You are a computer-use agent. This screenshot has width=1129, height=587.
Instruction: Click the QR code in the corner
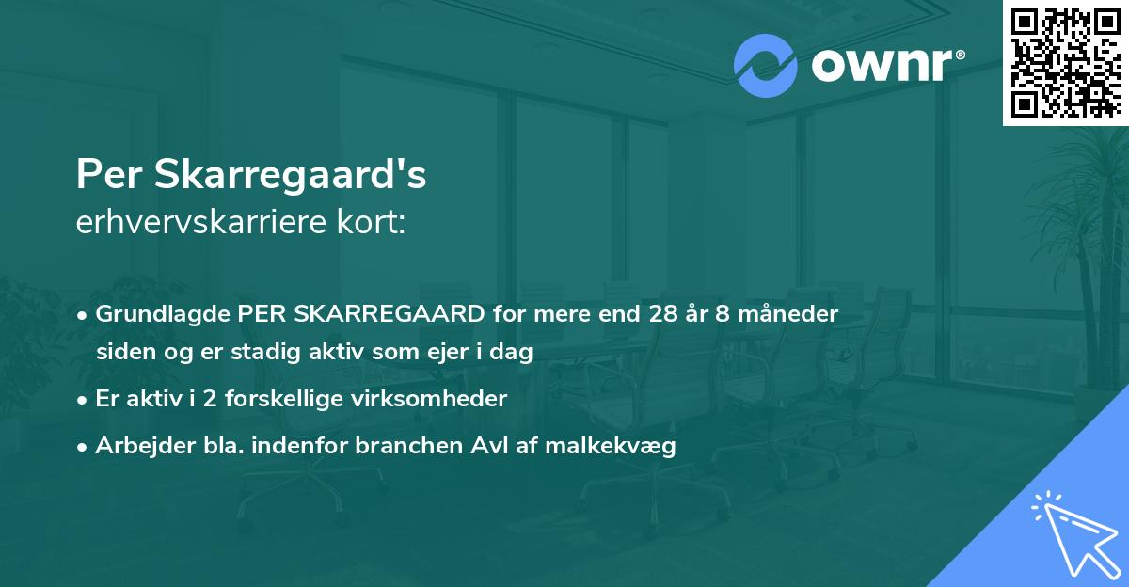[1065, 62]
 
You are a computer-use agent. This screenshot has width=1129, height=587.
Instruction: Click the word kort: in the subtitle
[374, 224]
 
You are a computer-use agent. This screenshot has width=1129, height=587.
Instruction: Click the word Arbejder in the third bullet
[142, 446]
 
